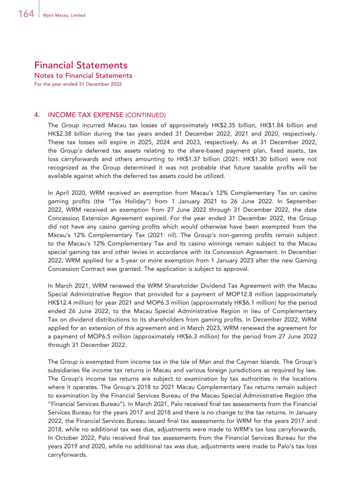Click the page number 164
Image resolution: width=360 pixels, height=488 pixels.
(x=26, y=14)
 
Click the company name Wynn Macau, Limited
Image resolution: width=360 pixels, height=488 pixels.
(x=64, y=15)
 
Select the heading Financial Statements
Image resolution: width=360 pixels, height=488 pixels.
(x=81, y=65)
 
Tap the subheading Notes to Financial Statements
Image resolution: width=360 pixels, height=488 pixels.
(x=83, y=75)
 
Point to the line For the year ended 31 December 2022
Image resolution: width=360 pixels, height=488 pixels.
(x=78, y=84)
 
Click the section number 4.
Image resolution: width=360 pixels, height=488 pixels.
(x=37, y=115)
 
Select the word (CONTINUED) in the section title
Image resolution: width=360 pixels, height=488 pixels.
(x=145, y=115)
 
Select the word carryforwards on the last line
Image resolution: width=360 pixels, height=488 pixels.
(x=68, y=455)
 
